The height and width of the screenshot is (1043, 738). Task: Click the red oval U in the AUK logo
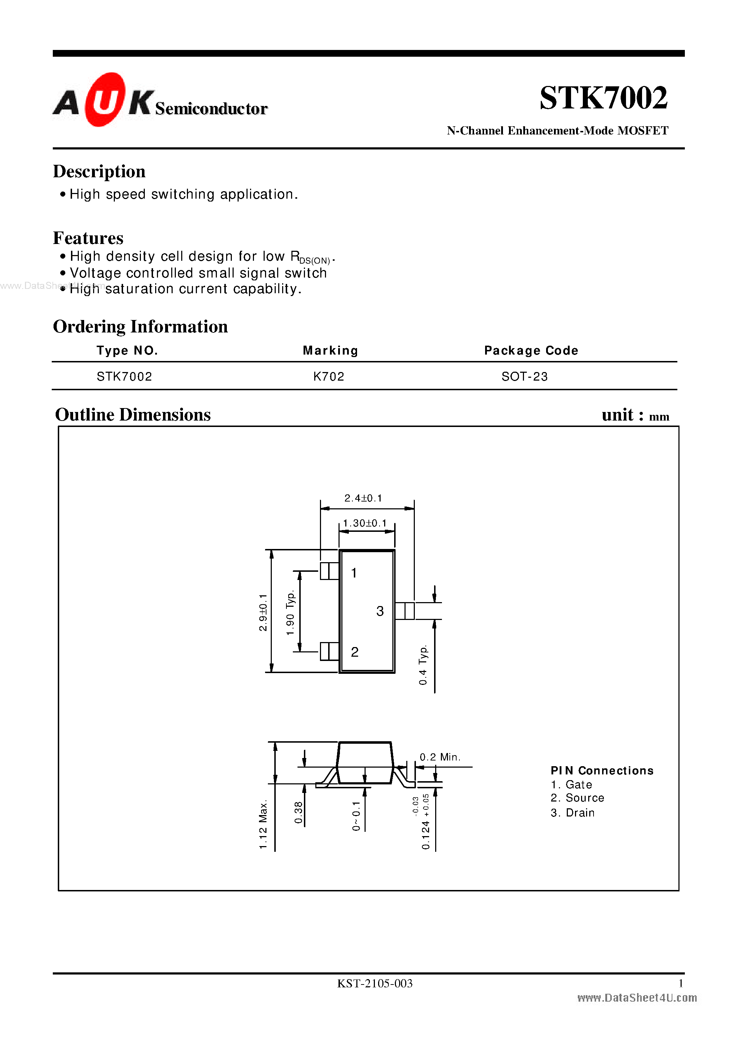point(104,100)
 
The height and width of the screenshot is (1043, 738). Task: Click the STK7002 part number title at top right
point(603,98)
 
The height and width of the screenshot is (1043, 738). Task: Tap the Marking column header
point(330,350)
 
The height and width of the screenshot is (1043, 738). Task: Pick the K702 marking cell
point(329,376)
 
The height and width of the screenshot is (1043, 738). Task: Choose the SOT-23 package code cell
point(524,376)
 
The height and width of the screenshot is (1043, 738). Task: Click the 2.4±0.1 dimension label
point(363,498)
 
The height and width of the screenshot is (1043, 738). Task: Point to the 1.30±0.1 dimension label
point(365,523)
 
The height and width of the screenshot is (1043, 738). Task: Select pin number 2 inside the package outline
point(355,652)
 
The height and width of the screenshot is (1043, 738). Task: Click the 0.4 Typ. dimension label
point(423,665)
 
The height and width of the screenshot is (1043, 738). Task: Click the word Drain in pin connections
point(580,813)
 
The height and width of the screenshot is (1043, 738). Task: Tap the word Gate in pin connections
point(579,785)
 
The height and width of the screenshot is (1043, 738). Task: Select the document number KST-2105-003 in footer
point(375,983)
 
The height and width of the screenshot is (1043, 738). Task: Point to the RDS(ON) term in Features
point(310,257)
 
